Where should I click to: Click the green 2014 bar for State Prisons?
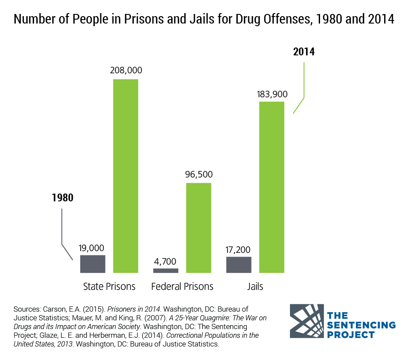(126, 176)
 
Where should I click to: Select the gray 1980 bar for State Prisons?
(93, 264)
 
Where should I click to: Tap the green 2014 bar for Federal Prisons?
(199, 228)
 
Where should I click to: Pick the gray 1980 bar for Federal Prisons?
(166, 271)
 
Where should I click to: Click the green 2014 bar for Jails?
(272, 187)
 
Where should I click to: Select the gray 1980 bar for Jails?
(239, 265)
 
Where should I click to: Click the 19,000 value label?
(92, 248)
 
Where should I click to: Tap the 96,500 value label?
(198, 175)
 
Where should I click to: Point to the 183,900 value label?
(272, 93)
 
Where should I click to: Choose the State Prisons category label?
(109, 287)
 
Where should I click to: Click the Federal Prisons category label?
(182, 287)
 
